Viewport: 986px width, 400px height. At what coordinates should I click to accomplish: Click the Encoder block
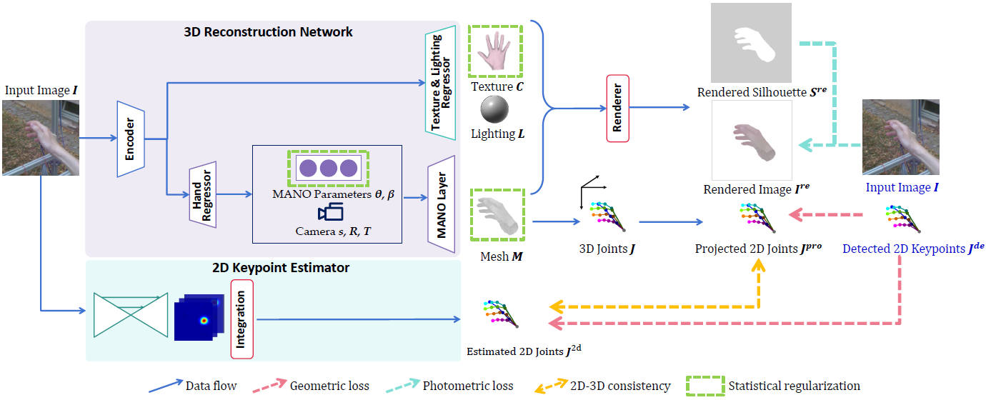click(131, 139)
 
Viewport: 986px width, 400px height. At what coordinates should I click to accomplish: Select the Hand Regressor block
click(202, 194)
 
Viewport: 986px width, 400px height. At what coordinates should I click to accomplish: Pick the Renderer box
click(618, 108)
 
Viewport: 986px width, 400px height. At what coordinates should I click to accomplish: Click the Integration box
click(241, 319)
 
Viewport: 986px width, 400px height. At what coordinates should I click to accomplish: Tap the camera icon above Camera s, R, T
click(330, 212)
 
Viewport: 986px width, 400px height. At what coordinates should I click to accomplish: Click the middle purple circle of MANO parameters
click(328, 169)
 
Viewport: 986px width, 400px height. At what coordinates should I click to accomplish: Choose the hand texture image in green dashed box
click(495, 51)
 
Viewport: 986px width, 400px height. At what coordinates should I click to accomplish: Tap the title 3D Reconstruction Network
click(268, 32)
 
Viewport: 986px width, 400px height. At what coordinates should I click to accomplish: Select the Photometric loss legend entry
click(467, 386)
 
